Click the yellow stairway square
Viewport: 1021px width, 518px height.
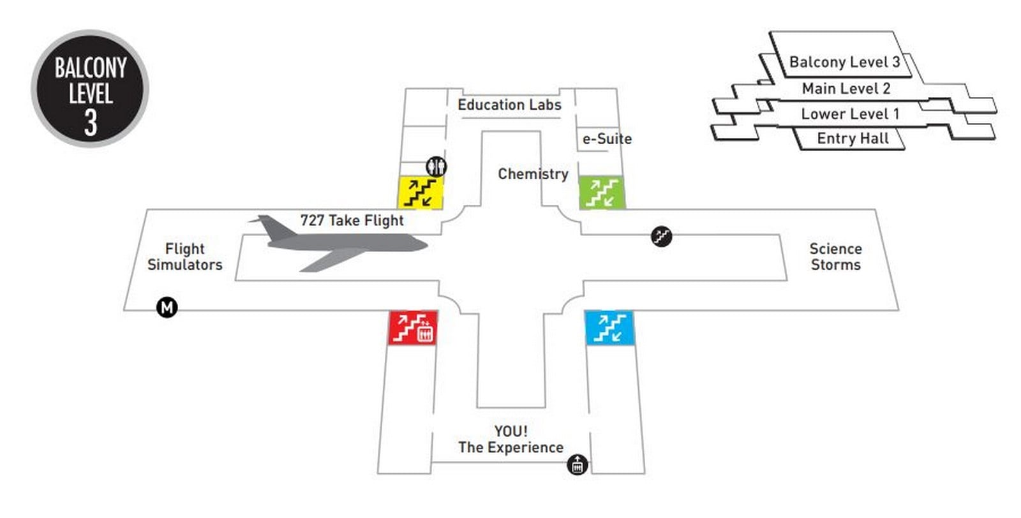point(421,193)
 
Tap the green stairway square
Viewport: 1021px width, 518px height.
point(602,193)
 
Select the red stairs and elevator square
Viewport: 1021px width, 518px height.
point(413,327)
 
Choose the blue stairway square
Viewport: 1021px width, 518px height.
point(609,327)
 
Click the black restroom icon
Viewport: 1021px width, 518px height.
point(436,166)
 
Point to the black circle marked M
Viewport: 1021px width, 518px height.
point(167,307)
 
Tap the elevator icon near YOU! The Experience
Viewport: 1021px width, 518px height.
point(577,464)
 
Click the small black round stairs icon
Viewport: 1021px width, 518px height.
point(661,236)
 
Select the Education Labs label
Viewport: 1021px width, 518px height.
point(509,105)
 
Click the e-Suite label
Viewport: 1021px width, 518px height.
point(607,139)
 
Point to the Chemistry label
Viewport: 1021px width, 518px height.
point(533,174)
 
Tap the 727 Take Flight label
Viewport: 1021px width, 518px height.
point(352,221)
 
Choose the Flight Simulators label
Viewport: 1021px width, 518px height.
point(185,256)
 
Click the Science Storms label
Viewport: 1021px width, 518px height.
point(836,256)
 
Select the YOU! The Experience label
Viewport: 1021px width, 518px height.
point(511,439)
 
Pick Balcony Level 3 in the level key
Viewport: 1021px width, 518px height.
point(845,62)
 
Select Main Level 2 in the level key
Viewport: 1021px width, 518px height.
point(846,89)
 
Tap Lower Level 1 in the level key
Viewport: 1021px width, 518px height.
point(850,114)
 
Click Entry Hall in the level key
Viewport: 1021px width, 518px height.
point(853,138)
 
